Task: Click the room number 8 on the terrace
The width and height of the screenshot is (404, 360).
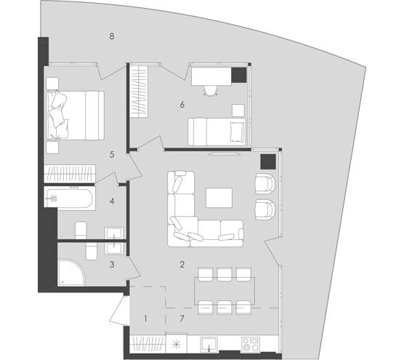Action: [112, 36]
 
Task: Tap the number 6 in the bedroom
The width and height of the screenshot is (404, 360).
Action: [182, 105]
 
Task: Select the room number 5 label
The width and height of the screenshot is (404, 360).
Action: [112, 154]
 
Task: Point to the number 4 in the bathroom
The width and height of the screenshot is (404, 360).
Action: [112, 201]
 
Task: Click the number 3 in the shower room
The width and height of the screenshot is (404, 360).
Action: [112, 264]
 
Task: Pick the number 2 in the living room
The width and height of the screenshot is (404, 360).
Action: [182, 264]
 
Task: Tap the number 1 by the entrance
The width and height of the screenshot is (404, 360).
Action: [145, 319]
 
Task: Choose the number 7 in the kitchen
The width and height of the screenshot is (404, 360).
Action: [182, 319]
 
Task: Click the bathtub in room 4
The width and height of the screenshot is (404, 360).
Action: [68, 198]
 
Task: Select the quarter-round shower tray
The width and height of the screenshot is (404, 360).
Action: [70, 273]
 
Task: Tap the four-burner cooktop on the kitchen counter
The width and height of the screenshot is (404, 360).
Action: [251, 344]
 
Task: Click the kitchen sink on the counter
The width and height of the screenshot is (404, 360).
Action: [209, 344]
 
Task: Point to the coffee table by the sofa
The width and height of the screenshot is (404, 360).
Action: [219, 198]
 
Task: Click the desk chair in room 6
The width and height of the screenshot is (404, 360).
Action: [211, 90]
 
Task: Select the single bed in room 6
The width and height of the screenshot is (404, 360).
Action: [217, 132]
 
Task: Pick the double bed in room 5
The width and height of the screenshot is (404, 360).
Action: [76, 115]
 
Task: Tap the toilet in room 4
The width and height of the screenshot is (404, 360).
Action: [81, 230]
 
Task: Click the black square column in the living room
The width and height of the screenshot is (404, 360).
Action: [268, 161]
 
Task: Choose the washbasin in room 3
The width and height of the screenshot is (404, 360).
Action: [114, 249]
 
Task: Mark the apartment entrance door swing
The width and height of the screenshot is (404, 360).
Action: [120, 311]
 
